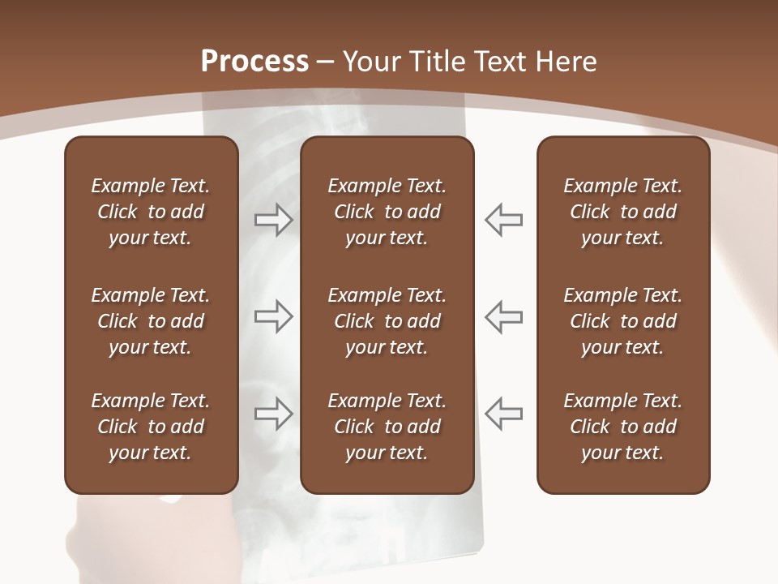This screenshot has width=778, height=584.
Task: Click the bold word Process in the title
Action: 254,62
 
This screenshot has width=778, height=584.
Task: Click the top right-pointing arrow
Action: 273,220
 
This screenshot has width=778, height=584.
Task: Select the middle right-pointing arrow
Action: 273,316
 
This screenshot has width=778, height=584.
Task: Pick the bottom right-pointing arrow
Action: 273,413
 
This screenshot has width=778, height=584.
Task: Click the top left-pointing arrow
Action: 504,220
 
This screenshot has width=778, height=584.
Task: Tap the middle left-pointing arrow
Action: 504,316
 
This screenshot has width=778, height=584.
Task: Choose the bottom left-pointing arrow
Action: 504,413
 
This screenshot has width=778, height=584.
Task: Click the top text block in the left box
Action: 151,212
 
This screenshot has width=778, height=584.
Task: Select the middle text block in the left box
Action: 151,321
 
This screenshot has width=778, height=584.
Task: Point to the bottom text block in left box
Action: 151,427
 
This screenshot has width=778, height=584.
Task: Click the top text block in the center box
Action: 387,212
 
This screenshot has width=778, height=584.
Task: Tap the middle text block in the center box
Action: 387,321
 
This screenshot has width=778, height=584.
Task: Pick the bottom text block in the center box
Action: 387,427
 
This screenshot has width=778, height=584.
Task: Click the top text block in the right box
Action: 622,212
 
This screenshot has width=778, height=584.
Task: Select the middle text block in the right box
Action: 622,321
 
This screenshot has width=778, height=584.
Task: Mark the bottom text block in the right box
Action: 622,427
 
